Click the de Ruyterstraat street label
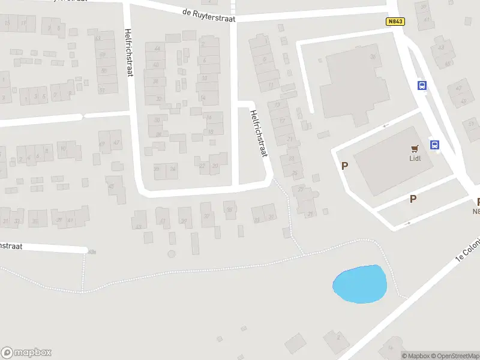click(x=209, y=15)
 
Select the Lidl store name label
click(x=414, y=158)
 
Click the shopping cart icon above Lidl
click(x=414, y=148)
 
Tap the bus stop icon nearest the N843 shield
click(x=422, y=85)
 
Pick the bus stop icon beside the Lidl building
click(x=434, y=145)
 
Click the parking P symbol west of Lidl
click(x=344, y=166)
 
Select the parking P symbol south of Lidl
click(x=413, y=199)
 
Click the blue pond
click(x=360, y=284)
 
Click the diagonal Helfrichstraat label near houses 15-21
click(x=258, y=134)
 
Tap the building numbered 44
click(x=158, y=48)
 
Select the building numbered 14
click(x=203, y=97)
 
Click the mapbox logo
click(x=26, y=353)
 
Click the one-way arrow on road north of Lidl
click(x=386, y=125)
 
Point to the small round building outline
click(x=172, y=254)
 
